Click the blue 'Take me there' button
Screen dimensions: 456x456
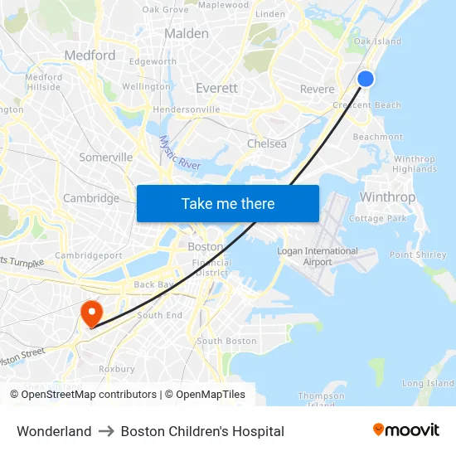coord(228,203)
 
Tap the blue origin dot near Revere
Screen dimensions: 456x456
coord(366,79)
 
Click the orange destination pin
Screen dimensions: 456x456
coord(90,313)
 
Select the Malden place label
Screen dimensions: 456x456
coord(187,34)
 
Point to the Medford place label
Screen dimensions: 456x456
coord(90,56)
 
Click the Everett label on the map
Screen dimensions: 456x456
coord(216,88)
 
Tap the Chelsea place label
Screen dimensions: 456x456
coord(267,143)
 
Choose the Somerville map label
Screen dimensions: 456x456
coord(106,158)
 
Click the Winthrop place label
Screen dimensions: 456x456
coord(387,197)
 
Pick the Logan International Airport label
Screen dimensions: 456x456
coord(318,256)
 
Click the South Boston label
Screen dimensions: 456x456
coord(226,341)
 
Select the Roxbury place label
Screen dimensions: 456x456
coord(117,369)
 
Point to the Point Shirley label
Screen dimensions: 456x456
coord(418,255)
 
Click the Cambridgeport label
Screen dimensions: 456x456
coord(89,256)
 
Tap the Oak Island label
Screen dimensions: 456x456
coord(377,41)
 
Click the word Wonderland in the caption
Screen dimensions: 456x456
coord(54,431)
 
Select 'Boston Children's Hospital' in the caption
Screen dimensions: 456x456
coord(202,431)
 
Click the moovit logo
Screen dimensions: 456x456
coord(405,429)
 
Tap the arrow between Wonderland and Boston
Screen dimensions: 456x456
coord(106,431)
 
